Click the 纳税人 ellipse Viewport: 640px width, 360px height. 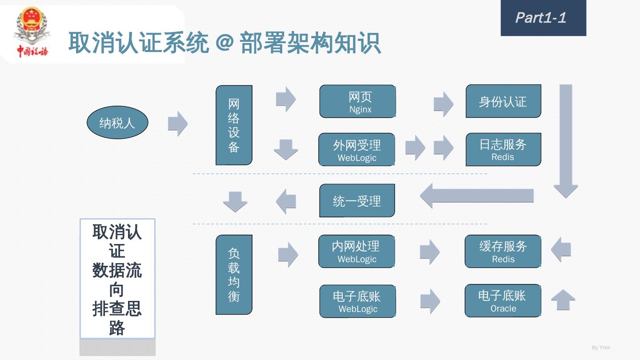click(x=117, y=123)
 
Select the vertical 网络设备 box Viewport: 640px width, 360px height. click(x=234, y=125)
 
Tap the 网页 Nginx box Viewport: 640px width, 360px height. click(x=358, y=102)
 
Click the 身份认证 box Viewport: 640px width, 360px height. click(x=503, y=102)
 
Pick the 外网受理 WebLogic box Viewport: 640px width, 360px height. click(x=357, y=150)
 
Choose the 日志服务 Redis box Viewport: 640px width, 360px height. click(x=503, y=150)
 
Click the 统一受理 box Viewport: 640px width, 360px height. click(x=357, y=201)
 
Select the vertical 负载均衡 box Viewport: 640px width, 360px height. click(x=234, y=275)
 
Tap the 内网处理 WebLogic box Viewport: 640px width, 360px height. click(x=357, y=252)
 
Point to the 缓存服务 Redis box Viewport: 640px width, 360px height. click(x=503, y=252)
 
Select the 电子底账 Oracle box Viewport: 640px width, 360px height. click(x=503, y=301)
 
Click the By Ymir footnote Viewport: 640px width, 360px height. click(x=601, y=348)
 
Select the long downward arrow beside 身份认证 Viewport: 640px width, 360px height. click(x=565, y=140)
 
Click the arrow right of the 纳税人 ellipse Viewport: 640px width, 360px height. click(x=178, y=124)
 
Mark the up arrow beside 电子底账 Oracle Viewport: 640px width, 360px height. click(x=563, y=300)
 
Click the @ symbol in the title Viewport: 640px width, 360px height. click(x=224, y=44)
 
